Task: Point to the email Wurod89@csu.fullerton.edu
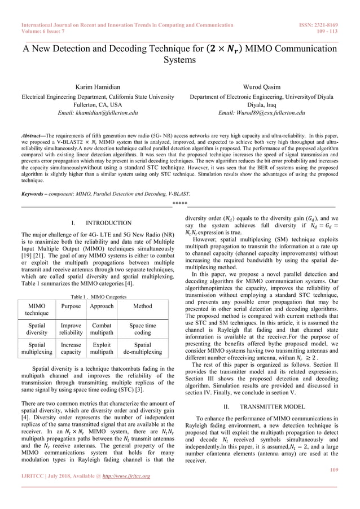tap(262, 113)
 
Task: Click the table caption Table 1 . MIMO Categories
tap(98, 296)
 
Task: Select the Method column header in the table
tap(142, 306)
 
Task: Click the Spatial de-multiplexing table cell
tap(142, 348)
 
